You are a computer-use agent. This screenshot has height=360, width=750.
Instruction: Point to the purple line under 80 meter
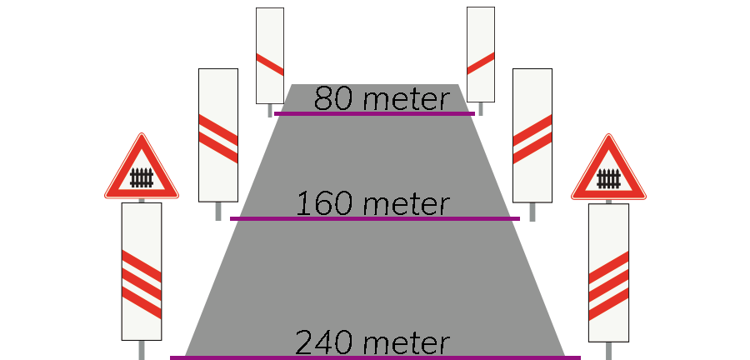(x=374, y=113)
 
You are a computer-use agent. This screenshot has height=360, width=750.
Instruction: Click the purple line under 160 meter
(x=374, y=218)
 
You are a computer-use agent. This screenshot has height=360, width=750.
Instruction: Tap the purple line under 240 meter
(x=374, y=357)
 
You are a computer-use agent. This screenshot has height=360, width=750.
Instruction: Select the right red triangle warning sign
(x=609, y=170)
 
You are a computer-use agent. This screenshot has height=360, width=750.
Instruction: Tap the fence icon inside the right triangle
(x=609, y=178)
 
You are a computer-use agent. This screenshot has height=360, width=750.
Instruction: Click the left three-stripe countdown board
(x=142, y=271)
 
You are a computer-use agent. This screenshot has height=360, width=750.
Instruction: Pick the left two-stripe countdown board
(x=218, y=134)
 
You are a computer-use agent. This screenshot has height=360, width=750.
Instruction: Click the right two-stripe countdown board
(x=532, y=134)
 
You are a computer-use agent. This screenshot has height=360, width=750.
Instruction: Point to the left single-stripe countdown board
(x=269, y=55)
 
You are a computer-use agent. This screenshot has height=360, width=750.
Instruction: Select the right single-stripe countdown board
(x=481, y=54)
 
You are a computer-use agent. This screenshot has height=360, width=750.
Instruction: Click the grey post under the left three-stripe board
(x=142, y=349)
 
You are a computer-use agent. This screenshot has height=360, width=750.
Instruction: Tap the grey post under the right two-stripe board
(x=532, y=212)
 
